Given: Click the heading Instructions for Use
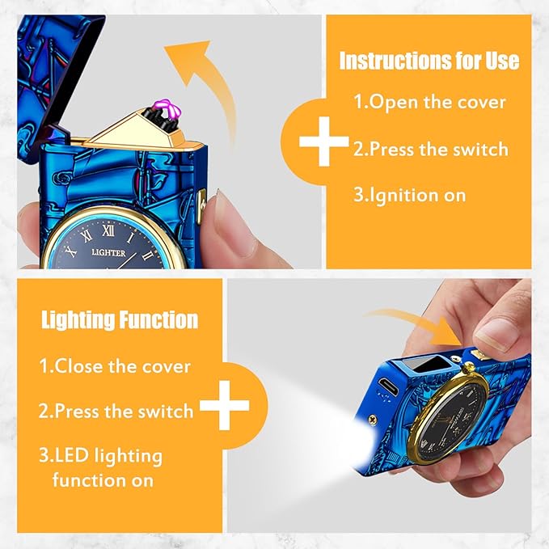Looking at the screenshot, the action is coord(429,61).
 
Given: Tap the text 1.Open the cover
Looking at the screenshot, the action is coord(429,102).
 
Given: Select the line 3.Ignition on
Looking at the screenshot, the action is coord(410,195).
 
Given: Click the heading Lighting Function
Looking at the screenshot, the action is coord(120,320).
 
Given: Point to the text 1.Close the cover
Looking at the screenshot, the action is coord(115,366).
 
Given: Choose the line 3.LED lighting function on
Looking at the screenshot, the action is coord(101,468).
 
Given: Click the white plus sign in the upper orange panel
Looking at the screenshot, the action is coord(324,141).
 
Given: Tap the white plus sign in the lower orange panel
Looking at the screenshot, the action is coord(225,405).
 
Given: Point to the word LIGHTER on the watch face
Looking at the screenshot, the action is coord(108,252).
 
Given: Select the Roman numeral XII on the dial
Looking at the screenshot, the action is coord(108,230).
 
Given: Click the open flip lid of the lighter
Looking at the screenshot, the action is coord(56,77).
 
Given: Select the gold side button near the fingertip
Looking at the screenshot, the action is coord(201,206).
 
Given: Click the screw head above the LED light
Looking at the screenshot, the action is coord(373,418).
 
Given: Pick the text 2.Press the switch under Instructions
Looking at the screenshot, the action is coord(431,149).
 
